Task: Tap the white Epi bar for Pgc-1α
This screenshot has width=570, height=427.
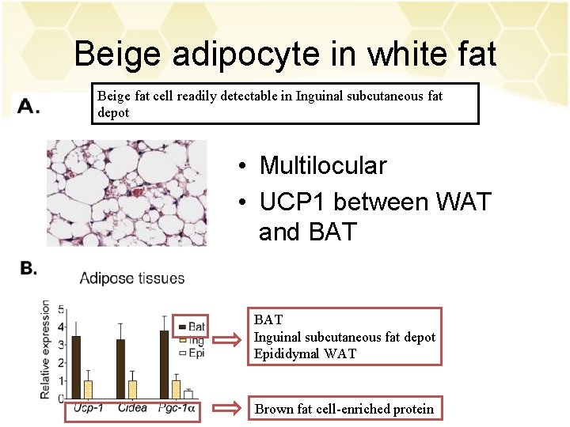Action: click(188, 394)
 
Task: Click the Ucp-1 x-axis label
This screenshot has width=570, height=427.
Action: click(88, 409)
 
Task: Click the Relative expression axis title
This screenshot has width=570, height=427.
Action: click(47, 349)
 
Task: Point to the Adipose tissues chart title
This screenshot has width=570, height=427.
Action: click(132, 278)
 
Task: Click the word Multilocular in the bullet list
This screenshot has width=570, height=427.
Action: click(323, 166)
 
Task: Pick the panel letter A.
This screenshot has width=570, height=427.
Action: click(28, 107)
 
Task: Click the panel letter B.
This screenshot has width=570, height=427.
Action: click(28, 269)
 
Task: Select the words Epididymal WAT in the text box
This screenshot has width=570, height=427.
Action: click(305, 353)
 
